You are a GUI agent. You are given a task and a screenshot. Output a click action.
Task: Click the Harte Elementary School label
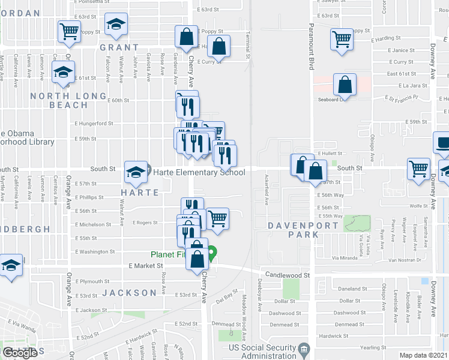click(x=199, y=173)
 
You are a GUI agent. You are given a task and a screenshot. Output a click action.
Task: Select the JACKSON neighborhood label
click(x=129, y=293)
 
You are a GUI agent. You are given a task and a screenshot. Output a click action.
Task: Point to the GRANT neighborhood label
click(x=119, y=47)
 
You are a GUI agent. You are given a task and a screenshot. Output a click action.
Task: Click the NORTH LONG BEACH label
click(x=59, y=100)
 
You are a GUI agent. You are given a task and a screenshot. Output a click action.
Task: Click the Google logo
click(x=20, y=352)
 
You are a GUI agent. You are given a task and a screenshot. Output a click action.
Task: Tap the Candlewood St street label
click(x=290, y=275)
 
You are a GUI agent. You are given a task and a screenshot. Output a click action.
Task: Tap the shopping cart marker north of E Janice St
click(x=342, y=39)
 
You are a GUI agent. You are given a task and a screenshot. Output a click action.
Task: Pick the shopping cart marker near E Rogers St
click(x=217, y=217)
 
